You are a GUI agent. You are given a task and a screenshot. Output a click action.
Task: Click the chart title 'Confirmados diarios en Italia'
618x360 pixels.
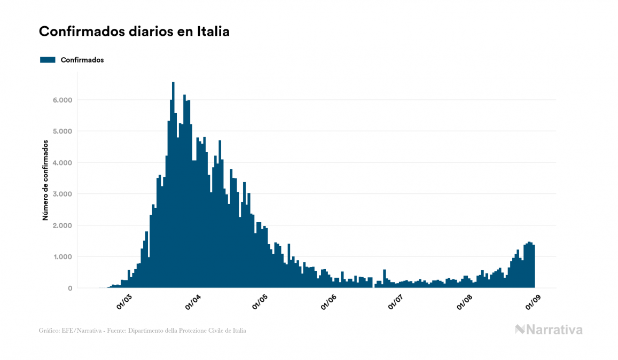tap(134, 32)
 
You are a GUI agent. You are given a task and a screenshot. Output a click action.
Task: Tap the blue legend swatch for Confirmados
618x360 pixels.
tap(48, 60)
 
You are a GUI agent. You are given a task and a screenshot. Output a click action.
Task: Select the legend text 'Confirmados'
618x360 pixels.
tap(82, 60)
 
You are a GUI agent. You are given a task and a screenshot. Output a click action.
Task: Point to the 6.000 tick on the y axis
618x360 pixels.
tap(61, 100)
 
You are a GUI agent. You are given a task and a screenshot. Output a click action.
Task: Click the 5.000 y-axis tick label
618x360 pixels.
tap(61, 131)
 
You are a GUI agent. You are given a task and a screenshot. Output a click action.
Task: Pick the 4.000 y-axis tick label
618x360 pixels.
tap(61, 163)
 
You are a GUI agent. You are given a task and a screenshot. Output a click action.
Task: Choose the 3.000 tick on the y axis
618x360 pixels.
tap(61, 194)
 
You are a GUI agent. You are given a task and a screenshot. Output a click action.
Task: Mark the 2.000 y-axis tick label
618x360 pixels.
tap(61, 225)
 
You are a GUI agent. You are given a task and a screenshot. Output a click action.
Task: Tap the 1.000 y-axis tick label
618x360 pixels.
tap(61, 257)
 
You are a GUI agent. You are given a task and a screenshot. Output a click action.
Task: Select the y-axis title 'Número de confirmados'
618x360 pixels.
tap(46, 181)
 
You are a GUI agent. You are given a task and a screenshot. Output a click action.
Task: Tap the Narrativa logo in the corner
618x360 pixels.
tap(549, 330)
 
